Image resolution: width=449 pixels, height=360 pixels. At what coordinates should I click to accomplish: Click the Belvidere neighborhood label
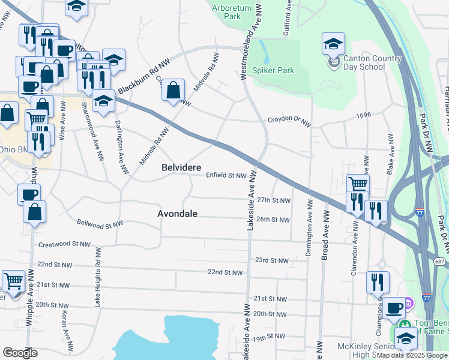click(181, 168)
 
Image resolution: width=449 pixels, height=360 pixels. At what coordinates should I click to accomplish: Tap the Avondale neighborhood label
click(177, 214)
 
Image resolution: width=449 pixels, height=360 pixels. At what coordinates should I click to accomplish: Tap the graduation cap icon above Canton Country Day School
click(333, 43)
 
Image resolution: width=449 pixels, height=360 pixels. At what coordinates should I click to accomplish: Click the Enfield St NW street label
click(226, 176)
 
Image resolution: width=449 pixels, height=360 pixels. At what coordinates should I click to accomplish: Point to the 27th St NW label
click(273, 200)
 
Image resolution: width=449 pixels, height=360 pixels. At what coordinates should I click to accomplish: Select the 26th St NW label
click(273, 220)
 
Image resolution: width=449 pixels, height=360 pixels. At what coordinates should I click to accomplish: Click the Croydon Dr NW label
click(289, 122)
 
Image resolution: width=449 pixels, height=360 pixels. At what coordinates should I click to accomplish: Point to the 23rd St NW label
click(271, 260)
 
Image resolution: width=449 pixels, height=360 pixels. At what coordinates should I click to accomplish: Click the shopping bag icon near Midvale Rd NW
click(173, 91)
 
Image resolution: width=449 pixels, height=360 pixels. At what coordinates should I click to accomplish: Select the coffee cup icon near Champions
click(394, 308)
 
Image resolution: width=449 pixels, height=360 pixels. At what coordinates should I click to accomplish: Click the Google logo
click(20, 353)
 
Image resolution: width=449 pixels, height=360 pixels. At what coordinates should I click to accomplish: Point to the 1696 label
click(364, 115)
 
